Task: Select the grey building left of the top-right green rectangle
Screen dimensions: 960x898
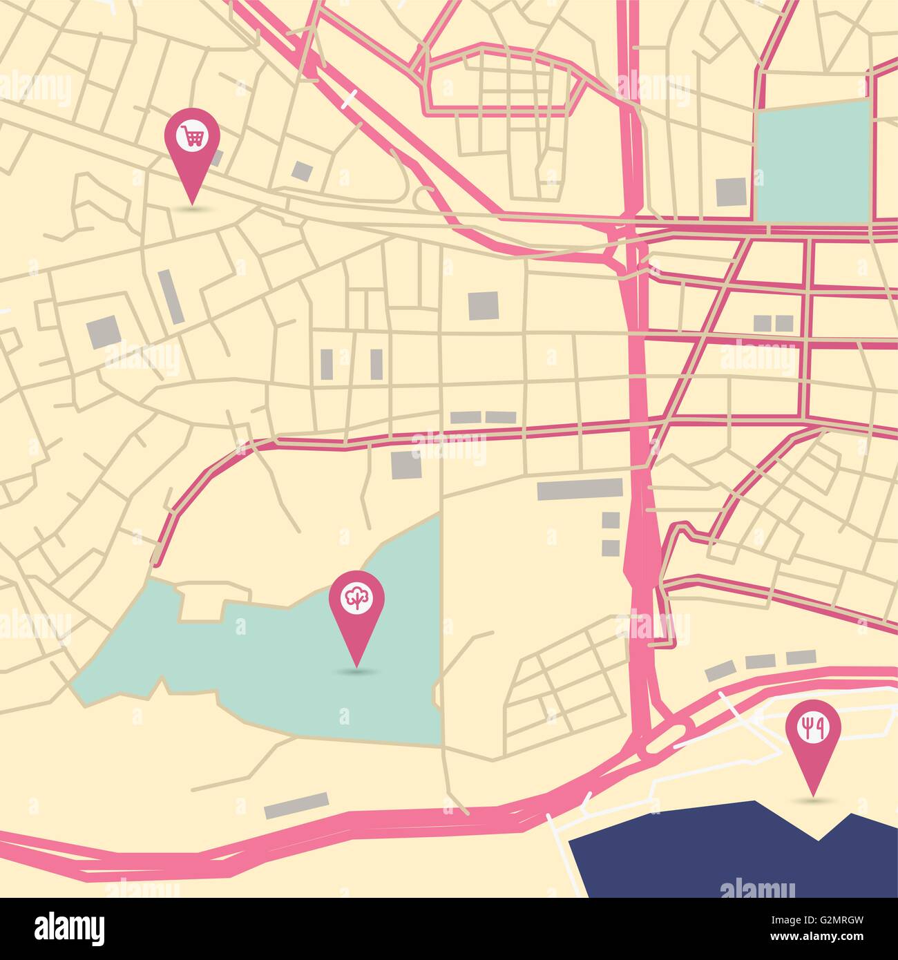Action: click(x=731, y=191)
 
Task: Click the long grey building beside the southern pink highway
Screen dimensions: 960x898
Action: click(x=297, y=805)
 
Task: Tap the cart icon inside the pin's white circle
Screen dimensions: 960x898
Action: click(x=192, y=135)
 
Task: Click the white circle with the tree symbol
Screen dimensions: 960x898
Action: click(x=356, y=599)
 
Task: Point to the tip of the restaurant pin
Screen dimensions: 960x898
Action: click(x=813, y=794)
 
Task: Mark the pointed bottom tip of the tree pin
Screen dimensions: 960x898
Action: click(x=356, y=666)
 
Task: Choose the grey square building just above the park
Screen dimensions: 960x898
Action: click(x=405, y=465)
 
